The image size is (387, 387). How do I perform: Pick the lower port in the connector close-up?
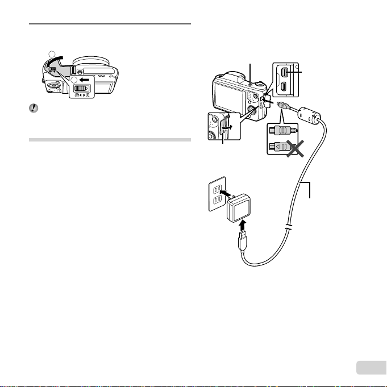coord(286,88)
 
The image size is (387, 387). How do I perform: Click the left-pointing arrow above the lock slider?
coord(81,81)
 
